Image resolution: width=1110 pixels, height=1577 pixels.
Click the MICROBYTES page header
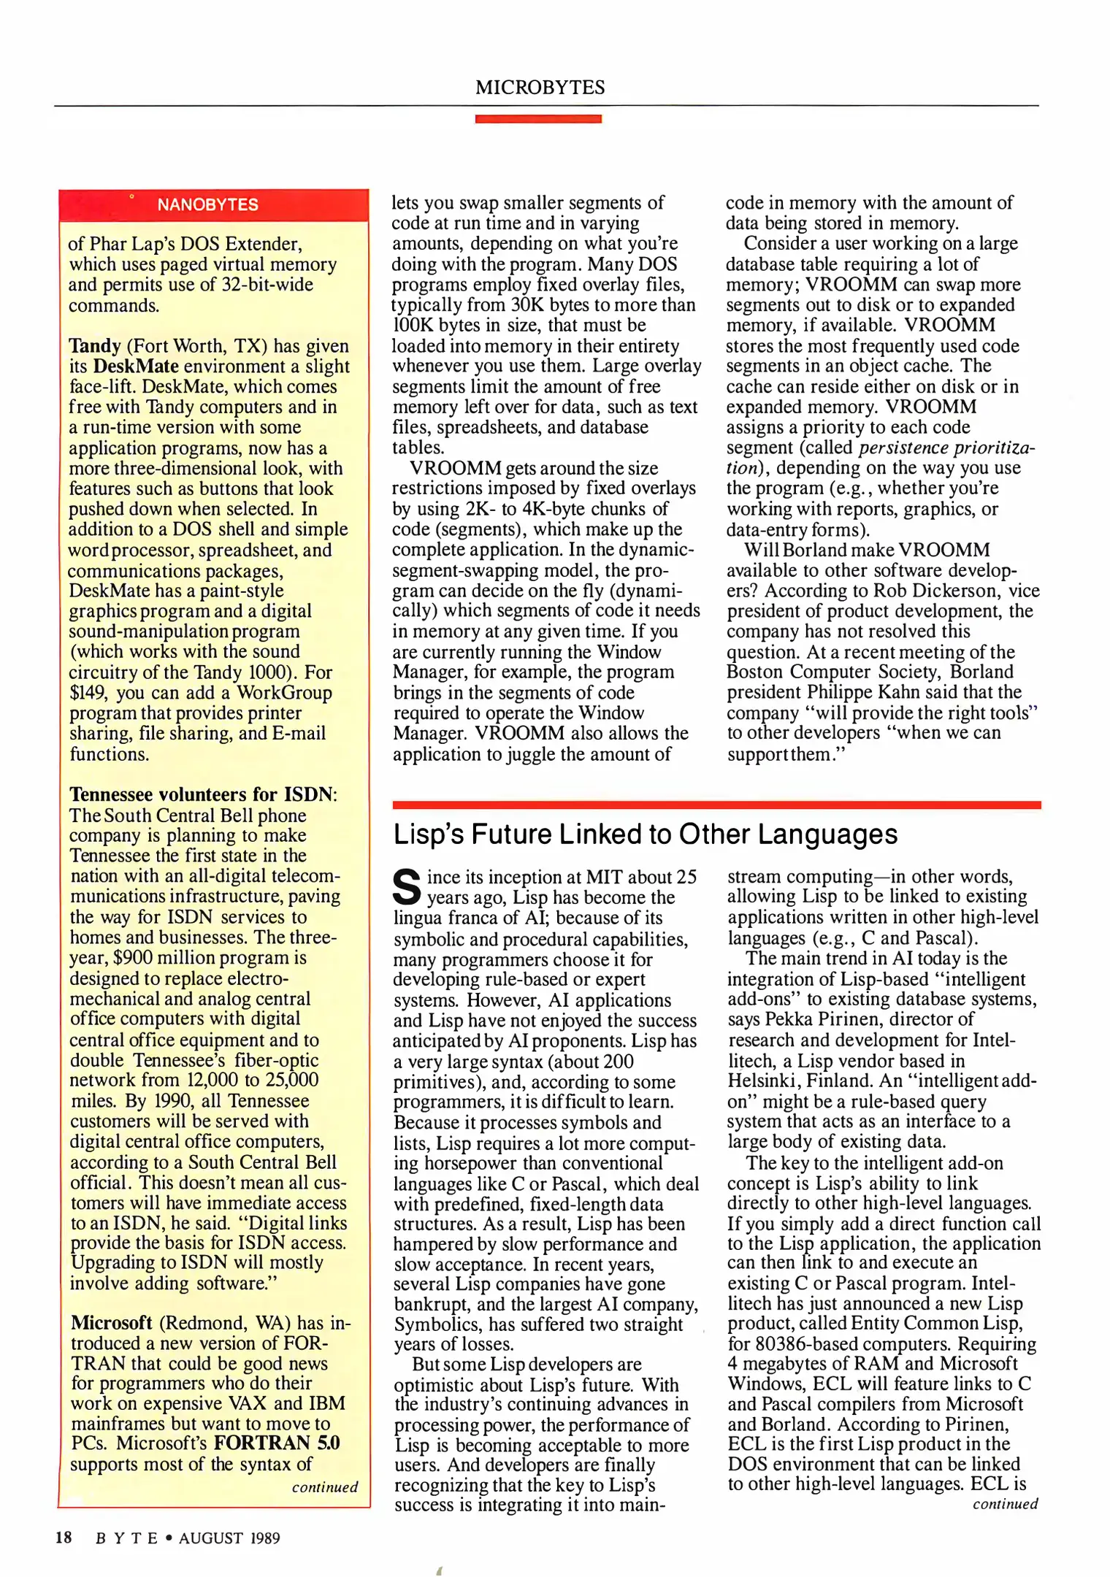540,88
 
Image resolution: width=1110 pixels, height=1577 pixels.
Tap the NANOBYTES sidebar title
207,205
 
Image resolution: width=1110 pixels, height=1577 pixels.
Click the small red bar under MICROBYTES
538,118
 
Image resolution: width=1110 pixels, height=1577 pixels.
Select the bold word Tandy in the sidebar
95,346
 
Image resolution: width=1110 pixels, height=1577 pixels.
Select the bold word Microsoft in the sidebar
111,1322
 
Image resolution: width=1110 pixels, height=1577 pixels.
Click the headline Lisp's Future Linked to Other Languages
645,834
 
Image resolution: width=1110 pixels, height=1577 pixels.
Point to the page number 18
64,1538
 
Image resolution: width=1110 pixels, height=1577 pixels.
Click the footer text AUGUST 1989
229,1538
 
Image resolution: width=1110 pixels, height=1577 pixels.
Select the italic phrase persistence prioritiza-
946,448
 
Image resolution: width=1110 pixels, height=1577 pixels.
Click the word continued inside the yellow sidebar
325,1487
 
